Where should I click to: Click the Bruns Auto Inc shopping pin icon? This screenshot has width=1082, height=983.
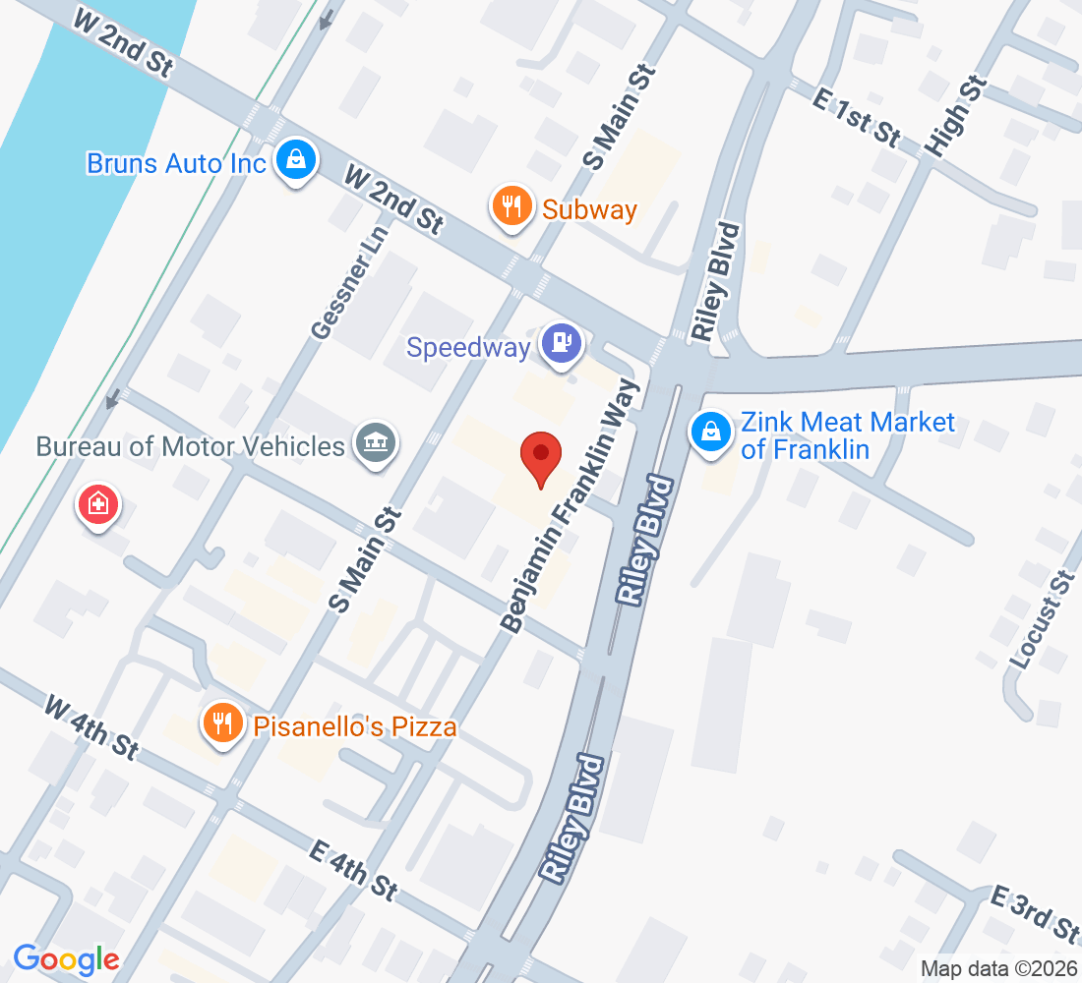(294, 157)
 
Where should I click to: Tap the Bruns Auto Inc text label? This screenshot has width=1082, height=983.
(176, 163)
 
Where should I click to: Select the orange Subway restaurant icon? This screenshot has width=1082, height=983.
(511, 205)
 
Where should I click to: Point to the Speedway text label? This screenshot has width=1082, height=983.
(469, 347)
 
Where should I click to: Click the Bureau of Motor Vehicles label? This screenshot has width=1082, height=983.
(191, 446)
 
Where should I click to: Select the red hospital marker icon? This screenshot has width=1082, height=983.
(98, 506)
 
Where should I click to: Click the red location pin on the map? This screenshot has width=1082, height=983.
(540, 455)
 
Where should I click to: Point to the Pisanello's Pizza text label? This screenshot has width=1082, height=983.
(355, 727)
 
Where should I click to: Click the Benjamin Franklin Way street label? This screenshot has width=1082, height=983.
(571, 505)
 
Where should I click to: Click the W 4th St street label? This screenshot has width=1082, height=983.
(90, 726)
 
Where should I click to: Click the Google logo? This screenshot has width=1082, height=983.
(67, 958)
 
